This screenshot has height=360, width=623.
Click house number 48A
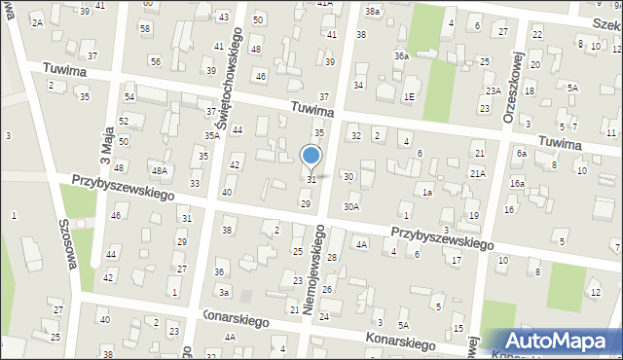pyautogui.click(x=159, y=171)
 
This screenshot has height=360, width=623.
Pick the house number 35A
pyautogui.click(x=211, y=136)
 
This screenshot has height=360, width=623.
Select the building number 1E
pyautogui.click(x=410, y=96)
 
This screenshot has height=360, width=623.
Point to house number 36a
pyautogui.click(x=401, y=56)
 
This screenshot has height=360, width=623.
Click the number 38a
pyautogui.click(x=373, y=11)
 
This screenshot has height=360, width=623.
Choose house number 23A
pyautogui.click(x=494, y=90)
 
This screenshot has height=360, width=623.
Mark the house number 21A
pyautogui.click(x=477, y=173)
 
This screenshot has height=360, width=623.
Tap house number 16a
pyautogui.click(x=517, y=183)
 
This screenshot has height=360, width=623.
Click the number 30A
pyautogui.click(x=351, y=206)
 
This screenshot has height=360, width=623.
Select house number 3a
pyautogui.click(x=224, y=293)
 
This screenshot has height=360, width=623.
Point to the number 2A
pyautogui.click(x=37, y=22)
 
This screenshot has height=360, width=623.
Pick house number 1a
pyautogui.click(x=426, y=193)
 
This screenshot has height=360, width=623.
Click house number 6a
pyautogui.click(x=522, y=154)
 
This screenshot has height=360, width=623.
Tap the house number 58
pyautogui.click(x=144, y=28)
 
